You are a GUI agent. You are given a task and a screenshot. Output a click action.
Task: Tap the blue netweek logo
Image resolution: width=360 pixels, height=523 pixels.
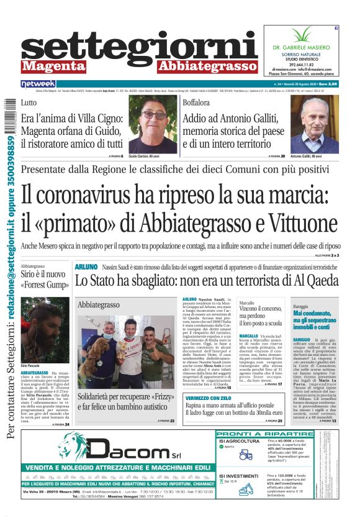(x=38, y=83)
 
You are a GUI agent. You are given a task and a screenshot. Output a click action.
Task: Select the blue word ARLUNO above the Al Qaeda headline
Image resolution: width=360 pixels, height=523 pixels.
(x=86, y=266)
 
